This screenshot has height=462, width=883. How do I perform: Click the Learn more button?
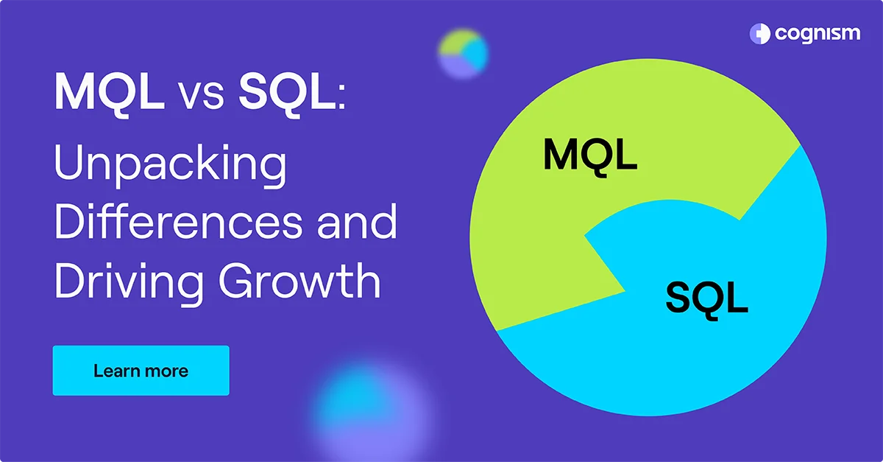[x=141, y=370]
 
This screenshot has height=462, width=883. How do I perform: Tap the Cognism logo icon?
[x=759, y=33]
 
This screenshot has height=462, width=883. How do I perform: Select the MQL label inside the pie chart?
[x=589, y=155]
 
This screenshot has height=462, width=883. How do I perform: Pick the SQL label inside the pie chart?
[x=707, y=297]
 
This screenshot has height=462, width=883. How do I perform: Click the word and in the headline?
[x=356, y=223]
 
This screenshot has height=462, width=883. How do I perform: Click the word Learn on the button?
[x=116, y=370]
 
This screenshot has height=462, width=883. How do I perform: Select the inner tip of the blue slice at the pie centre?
[x=586, y=237]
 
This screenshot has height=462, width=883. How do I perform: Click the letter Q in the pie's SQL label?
[x=708, y=298]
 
